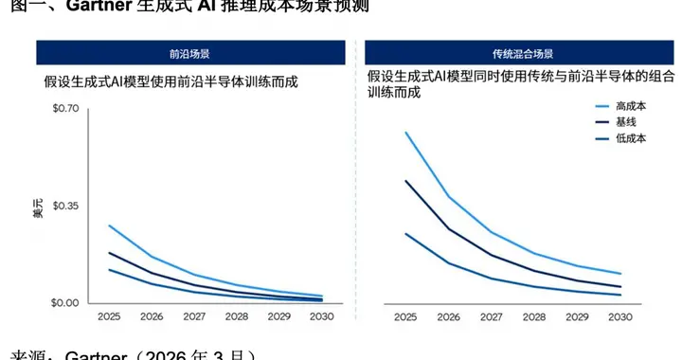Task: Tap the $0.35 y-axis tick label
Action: pos(68,206)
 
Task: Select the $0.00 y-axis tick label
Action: pos(68,303)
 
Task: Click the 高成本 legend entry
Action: pos(630,106)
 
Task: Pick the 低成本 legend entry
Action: pos(630,138)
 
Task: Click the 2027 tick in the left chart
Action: pos(194,317)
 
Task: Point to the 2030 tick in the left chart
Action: pos(323,317)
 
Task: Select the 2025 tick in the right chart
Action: pos(405,317)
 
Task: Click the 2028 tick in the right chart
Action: pos(534,317)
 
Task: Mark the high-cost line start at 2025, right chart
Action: pos(405,133)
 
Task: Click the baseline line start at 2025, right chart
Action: pos(405,181)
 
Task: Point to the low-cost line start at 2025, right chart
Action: pos(405,233)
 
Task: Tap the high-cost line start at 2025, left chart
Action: pos(109,225)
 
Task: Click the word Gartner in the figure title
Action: pos(97,8)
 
